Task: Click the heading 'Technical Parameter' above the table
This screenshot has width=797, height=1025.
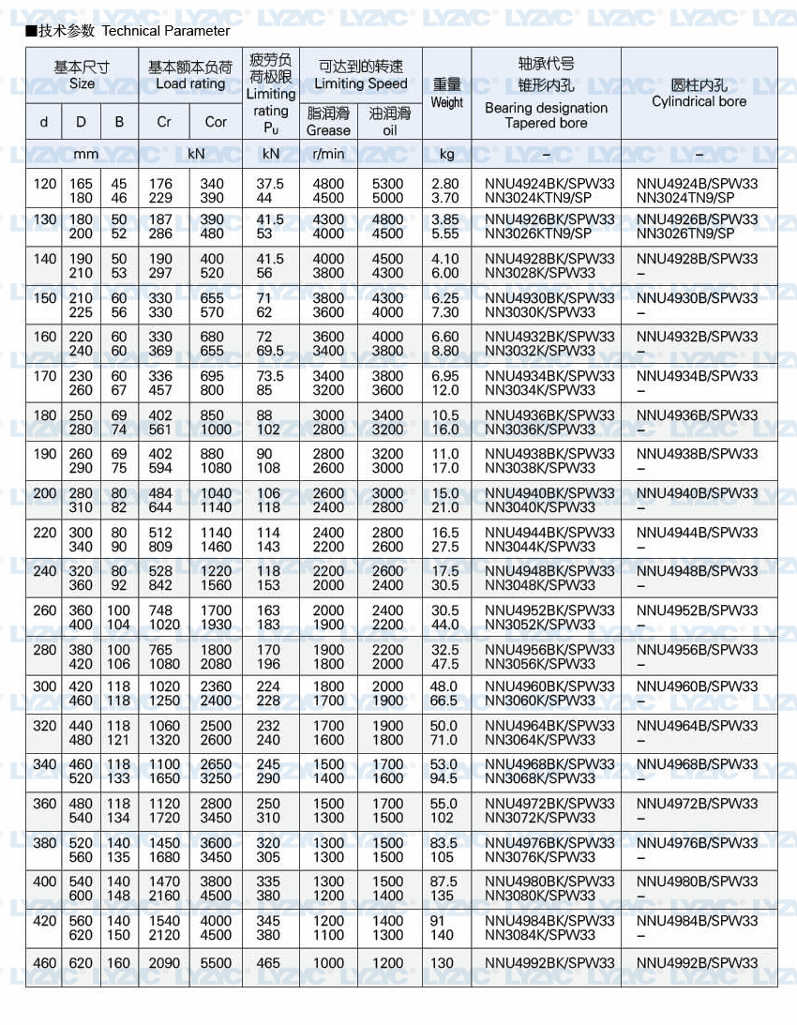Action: tap(165, 31)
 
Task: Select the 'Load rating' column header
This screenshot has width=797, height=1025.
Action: tap(190, 83)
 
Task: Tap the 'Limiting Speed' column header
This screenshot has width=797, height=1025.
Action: tap(361, 83)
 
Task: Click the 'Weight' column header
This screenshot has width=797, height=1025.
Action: tap(447, 102)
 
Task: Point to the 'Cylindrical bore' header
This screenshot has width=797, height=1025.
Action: tap(699, 101)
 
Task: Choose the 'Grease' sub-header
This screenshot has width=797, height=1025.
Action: tap(328, 130)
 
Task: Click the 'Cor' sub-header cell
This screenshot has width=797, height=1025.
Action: tap(216, 122)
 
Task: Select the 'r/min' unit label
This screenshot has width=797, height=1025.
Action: tap(328, 153)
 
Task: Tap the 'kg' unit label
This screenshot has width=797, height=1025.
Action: tap(446, 153)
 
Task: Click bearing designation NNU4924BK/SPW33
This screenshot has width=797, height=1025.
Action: tap(549, 184)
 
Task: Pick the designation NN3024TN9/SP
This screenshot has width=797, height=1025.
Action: tap(685, 198)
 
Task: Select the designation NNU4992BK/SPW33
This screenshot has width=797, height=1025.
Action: tap(549, 963)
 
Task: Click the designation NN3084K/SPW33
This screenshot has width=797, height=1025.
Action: tap(540, 934)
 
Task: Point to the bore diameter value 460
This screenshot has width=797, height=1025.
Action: tap(45, 963)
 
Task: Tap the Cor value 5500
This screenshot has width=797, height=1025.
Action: tap(216, 963)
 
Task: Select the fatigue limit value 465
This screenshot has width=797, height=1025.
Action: tap(268, 963)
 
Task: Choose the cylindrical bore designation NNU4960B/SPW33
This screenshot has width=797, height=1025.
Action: tap(697, 686)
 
